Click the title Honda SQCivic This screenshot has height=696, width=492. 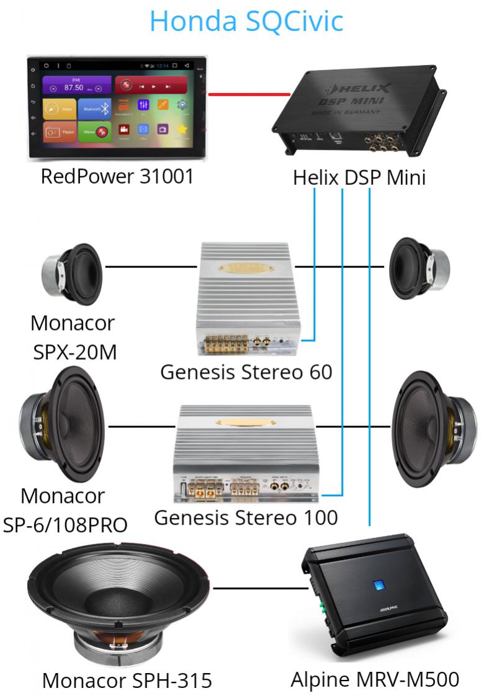click(x=246, y=21)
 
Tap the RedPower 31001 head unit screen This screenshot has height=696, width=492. click(x=116, y=109)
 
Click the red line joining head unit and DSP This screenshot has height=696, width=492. click(x=249, y=95)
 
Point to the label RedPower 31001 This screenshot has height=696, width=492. click(x=117, y=177)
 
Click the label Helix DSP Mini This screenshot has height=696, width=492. click(x=359, y=179)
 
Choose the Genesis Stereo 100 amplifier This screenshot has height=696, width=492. click(x=248, y=453)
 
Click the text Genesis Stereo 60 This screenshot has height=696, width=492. click(x=246, y=372)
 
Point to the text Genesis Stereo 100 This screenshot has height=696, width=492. click(x=246, y=517)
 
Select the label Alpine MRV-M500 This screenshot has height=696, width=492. click(x=375, y=679)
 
